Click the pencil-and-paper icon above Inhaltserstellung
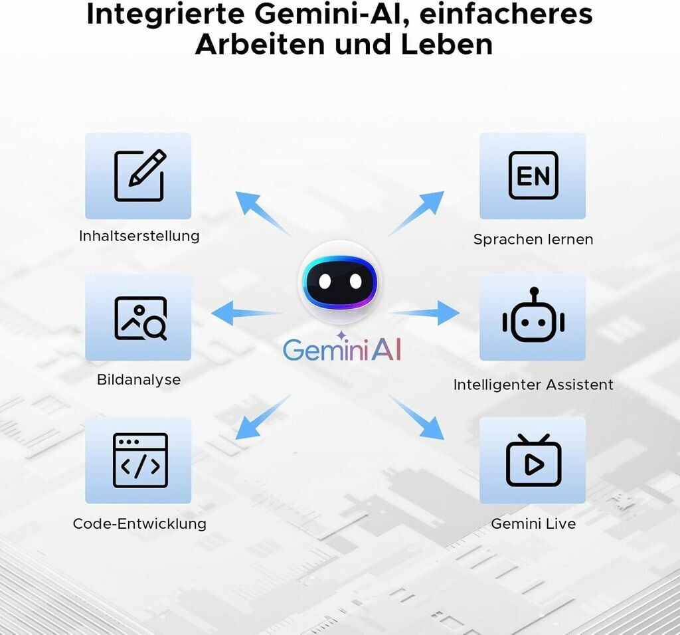click(x=139, y=176)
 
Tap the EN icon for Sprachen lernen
click(x=533, y=176)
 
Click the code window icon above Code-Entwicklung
click(x=139, y=460)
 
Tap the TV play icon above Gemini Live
click(x=533, y=460)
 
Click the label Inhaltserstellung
click(x=139, y=236)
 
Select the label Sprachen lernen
click(x=533, y=239)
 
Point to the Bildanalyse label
click(x=139, y=380)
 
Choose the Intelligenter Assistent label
click(x=533, y=385)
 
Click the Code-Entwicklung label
click(x=139, y=523)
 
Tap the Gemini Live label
click(x=533, y=523)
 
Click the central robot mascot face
click(x=340, y=282)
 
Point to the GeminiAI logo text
click(x=342, y=349)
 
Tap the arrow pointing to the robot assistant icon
click(x=425, y=312)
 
